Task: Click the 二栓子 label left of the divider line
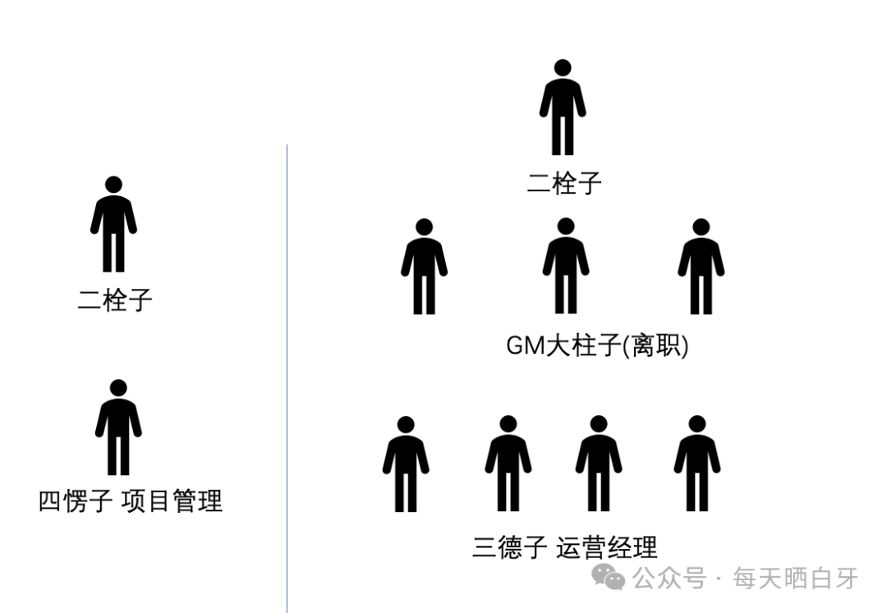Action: tap(115, 300)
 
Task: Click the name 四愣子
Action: tap(76, 501)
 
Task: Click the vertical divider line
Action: tap(287, 377)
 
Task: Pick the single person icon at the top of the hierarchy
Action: tap(563, 108)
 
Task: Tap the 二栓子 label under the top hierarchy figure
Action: tap(564, 183)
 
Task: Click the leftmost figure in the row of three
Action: tap(424, 267)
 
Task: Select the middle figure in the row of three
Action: tap(565, 267)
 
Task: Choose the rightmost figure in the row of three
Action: tap(701, 267)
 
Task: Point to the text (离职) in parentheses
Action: tap(656, 346)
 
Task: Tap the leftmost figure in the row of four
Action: tap(405, 464)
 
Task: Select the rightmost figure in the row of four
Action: tap(696, 464)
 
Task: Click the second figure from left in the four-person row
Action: tap(508, 464)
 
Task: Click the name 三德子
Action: tap(509, 547)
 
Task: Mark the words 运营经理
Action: tap(607, 547)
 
